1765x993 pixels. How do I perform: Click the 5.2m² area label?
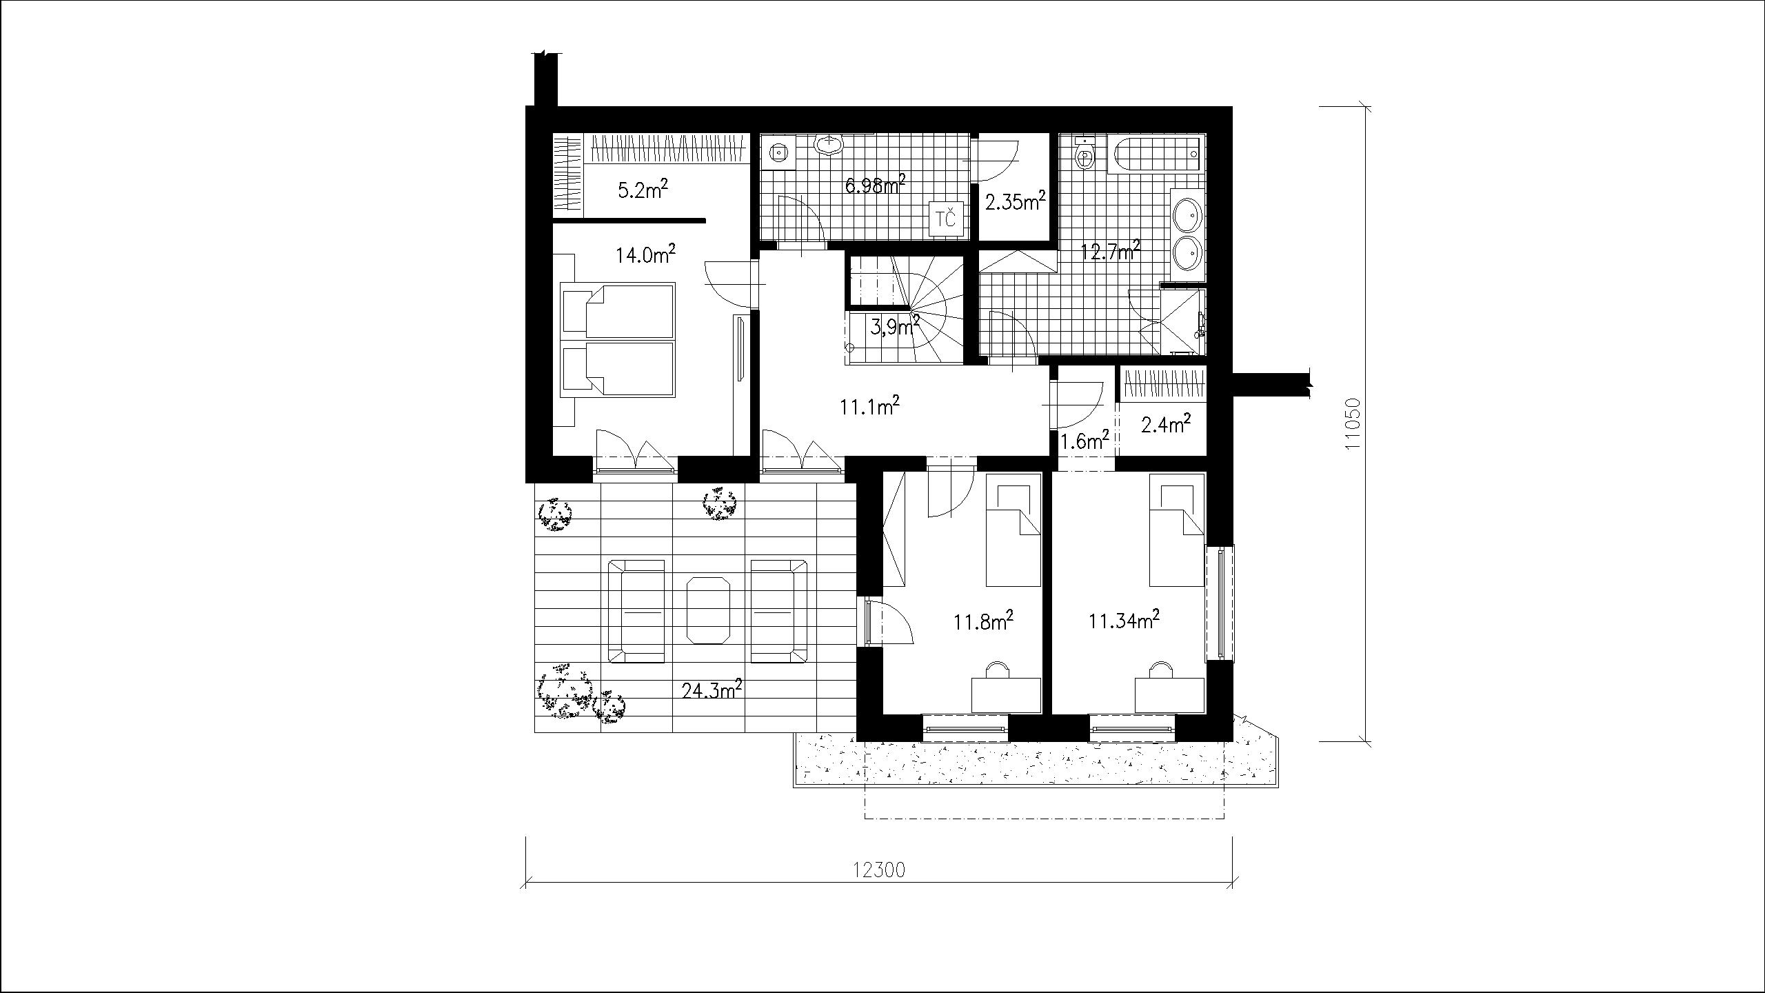pyautogui.click(x=161, y=189)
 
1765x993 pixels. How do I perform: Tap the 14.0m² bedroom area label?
pyautogui.click(x=163, y=255)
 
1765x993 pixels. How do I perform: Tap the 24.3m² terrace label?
pyautogui.click(x=229, y=689)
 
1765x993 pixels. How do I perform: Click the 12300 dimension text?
pyautogui.click(x=879, y=870)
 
